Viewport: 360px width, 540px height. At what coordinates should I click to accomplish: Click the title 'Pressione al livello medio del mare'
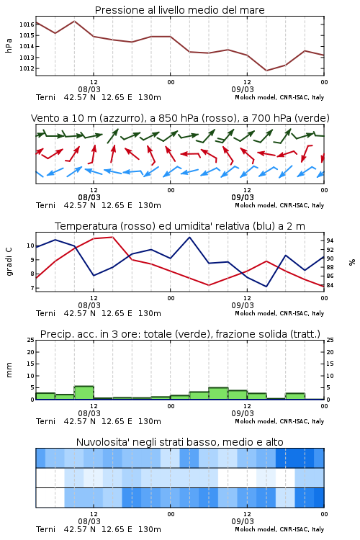pos(179,10)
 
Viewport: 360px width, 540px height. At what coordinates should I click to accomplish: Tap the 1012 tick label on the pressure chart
pos(27,68)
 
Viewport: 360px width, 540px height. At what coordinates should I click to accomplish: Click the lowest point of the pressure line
pos(266,71)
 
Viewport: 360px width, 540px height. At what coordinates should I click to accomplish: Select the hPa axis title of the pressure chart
pos(9,45)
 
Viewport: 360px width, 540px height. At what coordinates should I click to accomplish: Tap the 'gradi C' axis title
pos(9,262)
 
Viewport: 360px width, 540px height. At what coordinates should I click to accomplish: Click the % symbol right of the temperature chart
pos(352,262)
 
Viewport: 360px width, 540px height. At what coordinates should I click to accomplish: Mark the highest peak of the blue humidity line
pos(189,237)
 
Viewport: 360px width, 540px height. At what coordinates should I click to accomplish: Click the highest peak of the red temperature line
pos(112,237)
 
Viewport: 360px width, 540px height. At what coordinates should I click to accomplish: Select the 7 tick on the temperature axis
pos(32,288)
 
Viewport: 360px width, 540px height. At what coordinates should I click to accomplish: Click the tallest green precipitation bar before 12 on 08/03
pos(84,392)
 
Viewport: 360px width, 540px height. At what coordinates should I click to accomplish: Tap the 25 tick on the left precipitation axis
pos(31,341)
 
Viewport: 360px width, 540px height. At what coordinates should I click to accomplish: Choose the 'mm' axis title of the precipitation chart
pos(9,370)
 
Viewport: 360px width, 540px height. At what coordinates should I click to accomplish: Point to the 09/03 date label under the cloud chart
pos(243,521)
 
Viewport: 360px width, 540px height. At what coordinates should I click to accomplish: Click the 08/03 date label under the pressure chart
pos(89,89)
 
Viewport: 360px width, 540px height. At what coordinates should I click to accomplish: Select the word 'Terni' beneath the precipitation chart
pos(45,421)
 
